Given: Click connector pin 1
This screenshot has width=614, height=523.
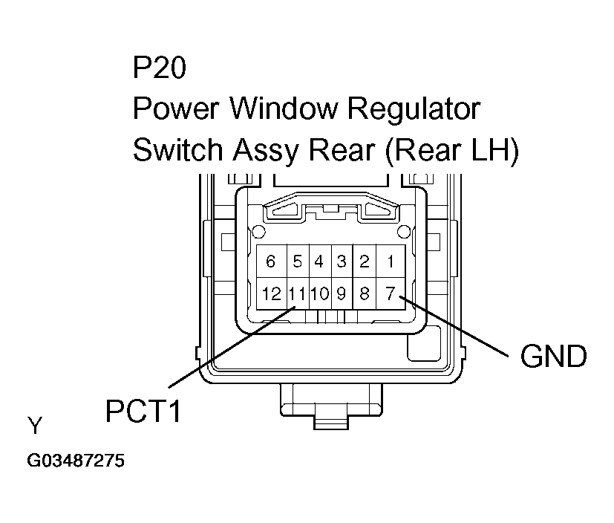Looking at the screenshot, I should pyautogui.click(x=389, y=261).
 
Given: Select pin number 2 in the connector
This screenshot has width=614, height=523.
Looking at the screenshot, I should pyautogui.click(x=365, y=261).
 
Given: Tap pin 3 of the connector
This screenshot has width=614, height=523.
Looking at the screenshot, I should pyautogui.click(x=341, y=261).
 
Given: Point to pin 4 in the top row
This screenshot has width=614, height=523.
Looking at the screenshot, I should pyautogui.click(x=319, y=261).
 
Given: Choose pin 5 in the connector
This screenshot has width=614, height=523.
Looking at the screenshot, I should pyautogui.click(x=297, y=261).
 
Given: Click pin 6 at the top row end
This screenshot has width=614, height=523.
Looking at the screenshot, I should pyautogui.click(x=271, y=261).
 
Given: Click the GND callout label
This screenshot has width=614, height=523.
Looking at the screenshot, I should pyautogui.click(x=553, y=357).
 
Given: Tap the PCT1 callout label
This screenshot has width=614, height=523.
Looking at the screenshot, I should pyautogui.click(x=143, y=411).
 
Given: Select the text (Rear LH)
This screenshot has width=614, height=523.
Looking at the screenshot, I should pyautogui.click(x=454, y=150).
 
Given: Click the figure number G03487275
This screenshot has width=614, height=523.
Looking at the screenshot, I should pyautogui.click(x=76, y=461).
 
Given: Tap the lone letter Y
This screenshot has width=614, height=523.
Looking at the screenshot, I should pyautogui.click(x=35, y=426).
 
